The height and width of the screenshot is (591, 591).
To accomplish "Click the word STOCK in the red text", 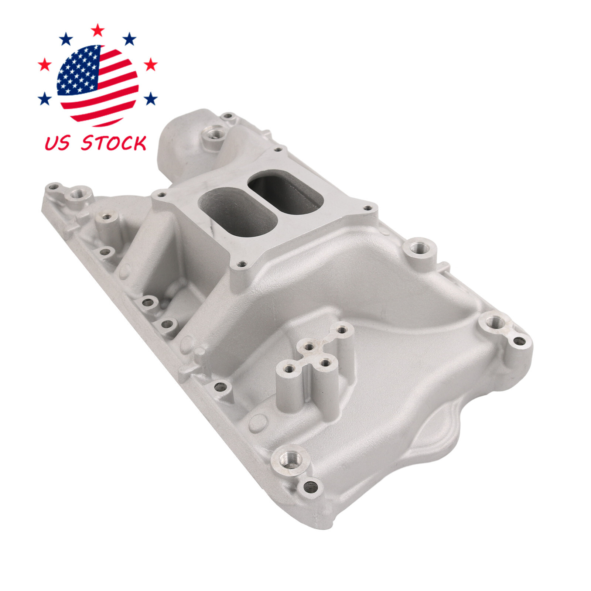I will click(x=114, y=143).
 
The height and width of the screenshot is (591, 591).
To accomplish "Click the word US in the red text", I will click(x=57, y=143).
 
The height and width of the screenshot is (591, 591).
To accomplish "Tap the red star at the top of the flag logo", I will click(x=98, y=30).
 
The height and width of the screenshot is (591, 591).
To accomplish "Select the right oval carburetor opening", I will click(x=286, y=195).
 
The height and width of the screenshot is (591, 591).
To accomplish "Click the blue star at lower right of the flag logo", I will click(x=150, y=99).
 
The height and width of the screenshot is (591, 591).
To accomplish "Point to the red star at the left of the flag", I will click(x=45, y=65).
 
